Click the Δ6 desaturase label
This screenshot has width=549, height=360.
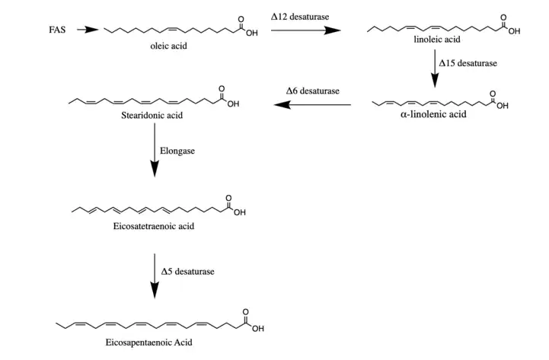pos(312,91)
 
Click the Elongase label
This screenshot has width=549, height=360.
pos(177,151)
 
